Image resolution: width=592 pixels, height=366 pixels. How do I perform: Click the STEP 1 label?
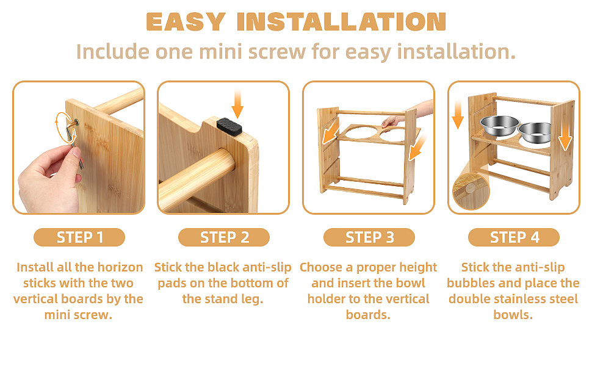coord(79,237)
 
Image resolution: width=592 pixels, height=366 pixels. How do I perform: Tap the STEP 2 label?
coord(224,237)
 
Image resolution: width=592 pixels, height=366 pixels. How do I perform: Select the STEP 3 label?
coord(369,237)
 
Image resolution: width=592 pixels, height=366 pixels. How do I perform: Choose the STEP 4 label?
coord(514,237)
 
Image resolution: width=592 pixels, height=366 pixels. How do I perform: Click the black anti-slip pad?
coord(229,126)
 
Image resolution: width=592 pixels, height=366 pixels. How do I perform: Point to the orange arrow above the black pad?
coord(237,104)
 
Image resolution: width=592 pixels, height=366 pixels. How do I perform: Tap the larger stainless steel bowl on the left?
coord(499,125)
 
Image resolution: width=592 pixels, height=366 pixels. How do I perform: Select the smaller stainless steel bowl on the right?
coord(534,132)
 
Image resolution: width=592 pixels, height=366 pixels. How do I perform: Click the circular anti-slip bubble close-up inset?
coord(471,190)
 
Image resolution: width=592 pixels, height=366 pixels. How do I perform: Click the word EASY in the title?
coord(186,22)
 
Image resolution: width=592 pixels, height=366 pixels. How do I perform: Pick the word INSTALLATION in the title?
coord(342,22)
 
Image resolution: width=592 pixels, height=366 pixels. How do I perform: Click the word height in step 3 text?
coord(415,268)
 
